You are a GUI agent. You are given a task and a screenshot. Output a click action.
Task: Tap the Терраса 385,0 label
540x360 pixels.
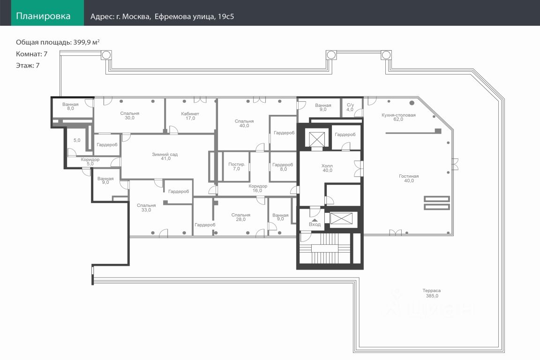432,293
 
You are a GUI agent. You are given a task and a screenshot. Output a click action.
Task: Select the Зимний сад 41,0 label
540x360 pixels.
165,157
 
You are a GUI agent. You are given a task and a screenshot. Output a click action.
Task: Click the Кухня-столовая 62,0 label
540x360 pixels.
398,117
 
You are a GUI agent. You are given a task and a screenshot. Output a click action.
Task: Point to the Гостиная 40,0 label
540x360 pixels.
409,178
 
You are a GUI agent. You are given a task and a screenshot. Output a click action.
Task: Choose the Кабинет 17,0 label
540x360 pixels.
190,116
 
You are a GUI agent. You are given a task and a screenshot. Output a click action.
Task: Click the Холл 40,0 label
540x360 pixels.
327,168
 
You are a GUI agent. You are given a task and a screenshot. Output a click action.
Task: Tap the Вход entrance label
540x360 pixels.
315,224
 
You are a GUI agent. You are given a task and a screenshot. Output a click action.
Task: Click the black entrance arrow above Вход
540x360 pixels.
315,220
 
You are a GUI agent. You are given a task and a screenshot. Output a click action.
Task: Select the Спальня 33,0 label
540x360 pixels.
146,207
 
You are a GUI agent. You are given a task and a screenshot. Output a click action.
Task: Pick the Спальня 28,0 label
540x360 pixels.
241,217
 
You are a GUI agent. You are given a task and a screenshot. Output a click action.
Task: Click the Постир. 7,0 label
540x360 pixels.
237,166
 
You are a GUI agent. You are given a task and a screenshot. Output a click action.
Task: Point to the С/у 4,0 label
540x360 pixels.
350,107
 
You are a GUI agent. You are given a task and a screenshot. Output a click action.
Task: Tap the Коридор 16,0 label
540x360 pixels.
258,188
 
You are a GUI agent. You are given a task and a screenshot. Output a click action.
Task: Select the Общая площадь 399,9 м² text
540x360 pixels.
58,42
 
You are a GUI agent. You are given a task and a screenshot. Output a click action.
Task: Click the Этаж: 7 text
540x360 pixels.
28,66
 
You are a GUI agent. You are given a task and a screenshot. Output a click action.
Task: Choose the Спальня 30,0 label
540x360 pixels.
130,115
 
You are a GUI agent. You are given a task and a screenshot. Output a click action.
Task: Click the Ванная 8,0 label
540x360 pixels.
71,106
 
